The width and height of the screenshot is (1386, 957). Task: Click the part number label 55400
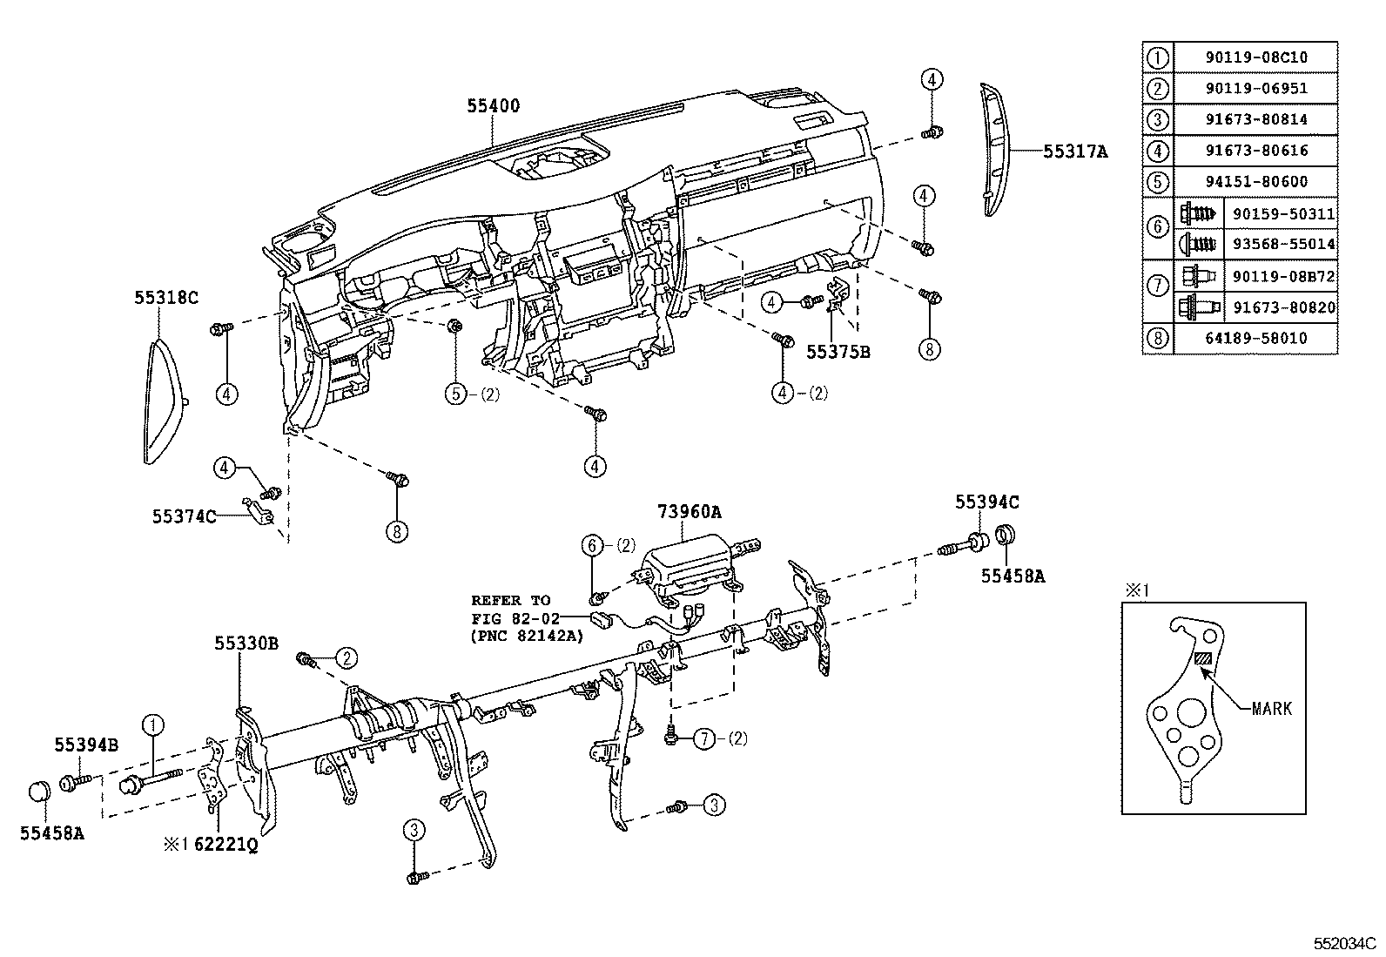coord(493,106)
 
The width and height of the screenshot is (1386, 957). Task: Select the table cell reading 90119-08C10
coord(1255,57)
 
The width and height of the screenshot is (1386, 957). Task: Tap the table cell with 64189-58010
coord(1255,338)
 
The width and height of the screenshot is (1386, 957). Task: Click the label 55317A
coord(1075,152)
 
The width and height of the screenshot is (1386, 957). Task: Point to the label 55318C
coord(166,298)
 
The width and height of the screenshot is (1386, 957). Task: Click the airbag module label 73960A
coord(690,513)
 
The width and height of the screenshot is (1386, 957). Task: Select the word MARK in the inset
coord(1271,709)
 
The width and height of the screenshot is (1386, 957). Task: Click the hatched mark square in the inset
coord(1202,660)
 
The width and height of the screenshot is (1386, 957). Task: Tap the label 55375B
coord(838,352)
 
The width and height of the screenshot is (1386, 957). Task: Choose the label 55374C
coord(184,516)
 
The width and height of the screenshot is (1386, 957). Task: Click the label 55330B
coord(246,644)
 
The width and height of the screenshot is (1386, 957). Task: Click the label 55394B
coord(86,745)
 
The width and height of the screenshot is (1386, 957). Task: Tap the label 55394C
coord(986,502)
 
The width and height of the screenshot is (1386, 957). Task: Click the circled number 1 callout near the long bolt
coord(153,724)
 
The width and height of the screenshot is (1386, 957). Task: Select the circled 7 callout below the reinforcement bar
coord(703,739)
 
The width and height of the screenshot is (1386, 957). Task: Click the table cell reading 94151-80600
coord(1255,182)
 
